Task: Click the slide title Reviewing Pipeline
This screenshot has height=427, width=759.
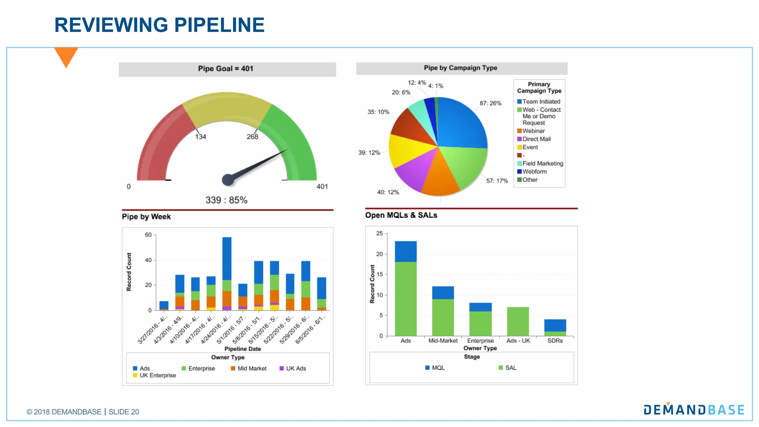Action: point(159,25)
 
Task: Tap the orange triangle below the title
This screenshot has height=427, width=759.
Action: point(66,56)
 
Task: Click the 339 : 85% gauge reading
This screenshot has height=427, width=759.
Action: point(226,200)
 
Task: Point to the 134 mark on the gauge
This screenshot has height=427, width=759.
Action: point(200,136)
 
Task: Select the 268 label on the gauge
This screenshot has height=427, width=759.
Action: point(252,136)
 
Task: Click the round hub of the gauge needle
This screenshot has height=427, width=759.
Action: point(228,180)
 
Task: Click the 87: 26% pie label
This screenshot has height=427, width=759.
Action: point(490,103)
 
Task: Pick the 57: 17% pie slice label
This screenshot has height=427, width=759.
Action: point(497,181)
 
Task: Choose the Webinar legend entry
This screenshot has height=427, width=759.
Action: point(533,131)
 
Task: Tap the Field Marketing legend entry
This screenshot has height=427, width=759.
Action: point(543,163)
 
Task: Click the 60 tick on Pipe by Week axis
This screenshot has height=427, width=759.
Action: point(148,235)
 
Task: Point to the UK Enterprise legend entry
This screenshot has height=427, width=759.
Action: point(158,375)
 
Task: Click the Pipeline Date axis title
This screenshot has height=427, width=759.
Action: point(242,349)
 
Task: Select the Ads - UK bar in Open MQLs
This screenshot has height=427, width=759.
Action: point(518,321)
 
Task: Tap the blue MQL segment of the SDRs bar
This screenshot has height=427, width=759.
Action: point(555,325)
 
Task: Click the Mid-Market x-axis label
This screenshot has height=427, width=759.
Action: point(443,341)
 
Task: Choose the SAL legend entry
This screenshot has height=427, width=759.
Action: point(510,368)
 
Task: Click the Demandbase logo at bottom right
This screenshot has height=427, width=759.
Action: point(694,410)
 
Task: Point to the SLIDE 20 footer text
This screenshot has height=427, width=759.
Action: point(124,412)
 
